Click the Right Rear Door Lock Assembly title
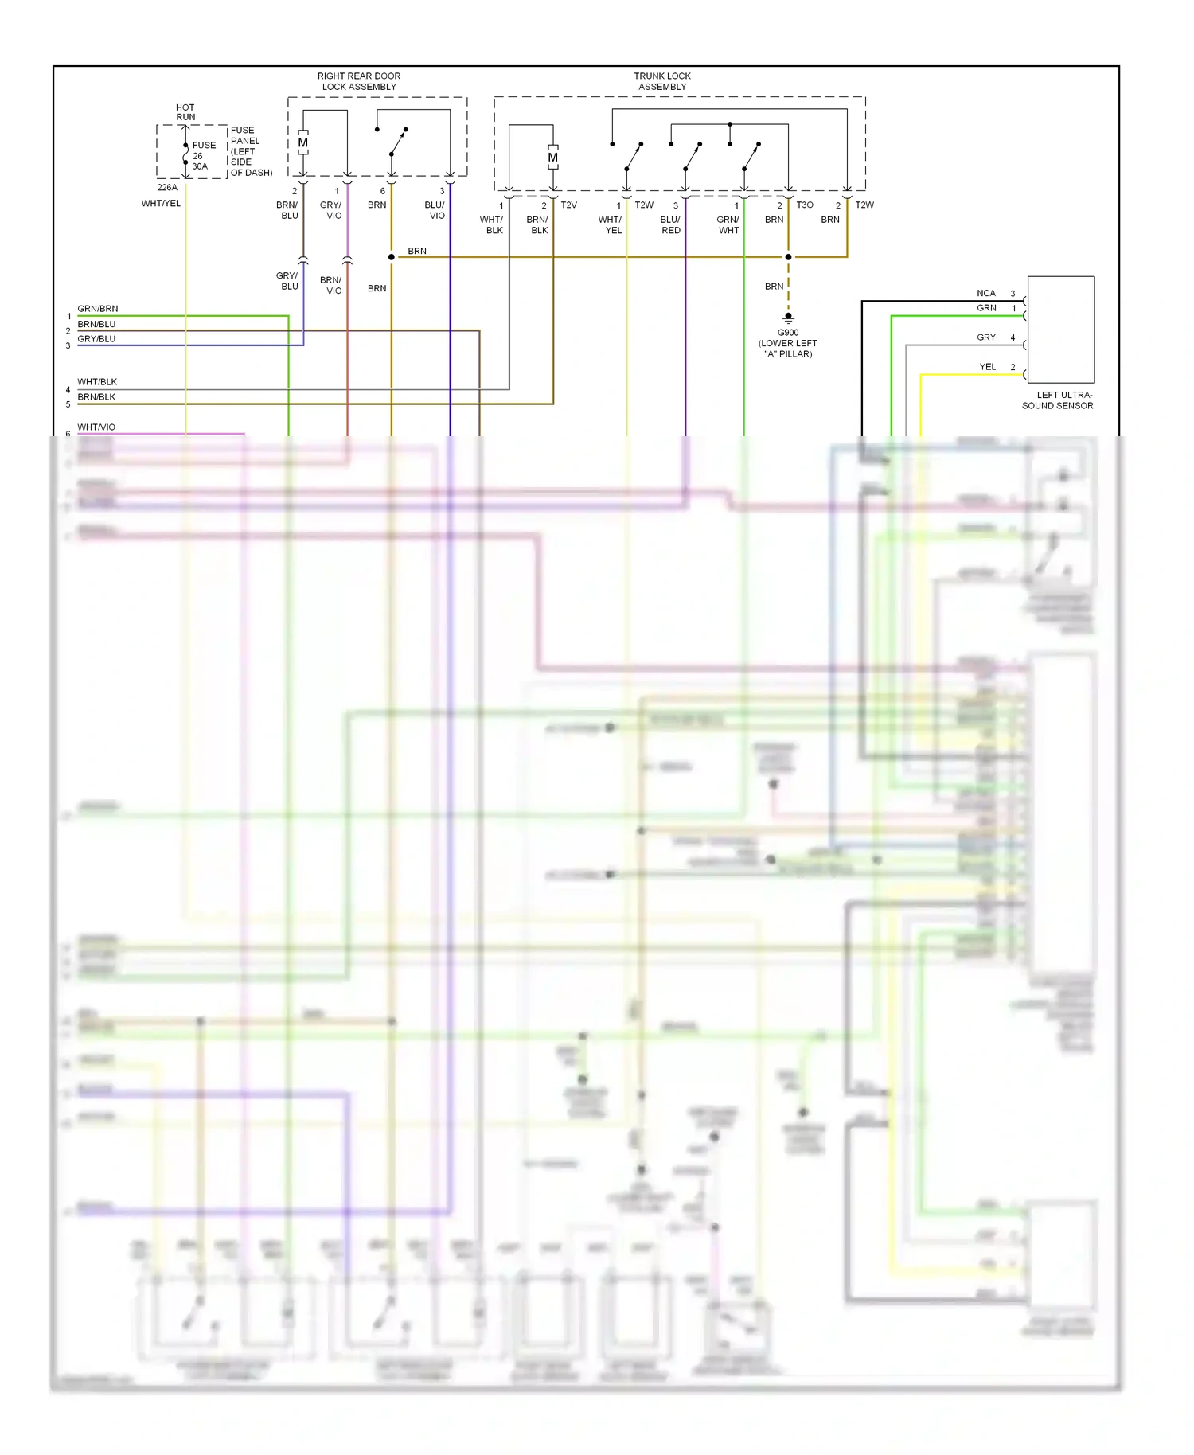coord(359,81)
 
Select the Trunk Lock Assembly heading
coord(662,81)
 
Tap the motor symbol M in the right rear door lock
coord(303,143)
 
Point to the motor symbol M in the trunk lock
coord(552,158)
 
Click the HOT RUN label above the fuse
coord(185,112)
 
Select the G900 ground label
coord(788,333)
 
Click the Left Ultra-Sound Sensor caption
coord(1058,400)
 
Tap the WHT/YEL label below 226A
coord(161,204)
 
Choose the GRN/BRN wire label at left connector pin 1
coord(98,309)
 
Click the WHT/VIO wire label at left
coord(96,427)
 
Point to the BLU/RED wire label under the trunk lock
coord(670,225)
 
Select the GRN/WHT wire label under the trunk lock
coord(728,225)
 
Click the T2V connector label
coord(568,205)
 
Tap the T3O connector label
coord(805,205)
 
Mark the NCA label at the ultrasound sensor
coord(986,294)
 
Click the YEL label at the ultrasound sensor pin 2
coord(987,367)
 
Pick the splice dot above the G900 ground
coord(788,257)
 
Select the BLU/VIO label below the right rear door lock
coord(435,211)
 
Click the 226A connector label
coord(167,188)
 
